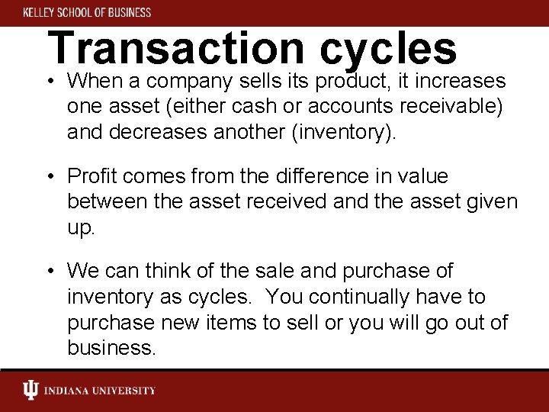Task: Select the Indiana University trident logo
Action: pyautogui.click(x=30, y=391)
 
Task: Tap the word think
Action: pyautogui.click(x=174, y=271)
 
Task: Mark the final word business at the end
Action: pyautogui.click(x=111, y=348)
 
